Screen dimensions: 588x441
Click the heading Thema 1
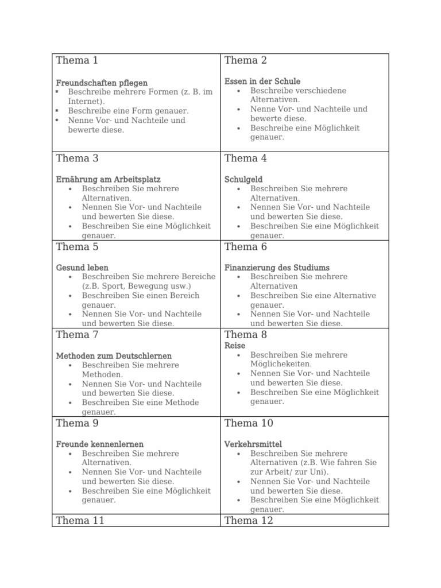[77, 60]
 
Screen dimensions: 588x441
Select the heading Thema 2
[246, 60]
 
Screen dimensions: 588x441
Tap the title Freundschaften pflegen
[102, 83]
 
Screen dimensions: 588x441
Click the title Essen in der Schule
[262, 82]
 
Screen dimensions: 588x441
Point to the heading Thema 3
[77, 158]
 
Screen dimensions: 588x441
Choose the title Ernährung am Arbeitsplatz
[109, 179]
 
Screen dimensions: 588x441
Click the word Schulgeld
[243, 179]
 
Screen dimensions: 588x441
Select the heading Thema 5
[77, 247]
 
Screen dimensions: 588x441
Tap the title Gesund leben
[82, 268]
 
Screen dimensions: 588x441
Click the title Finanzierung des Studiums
[277, 268]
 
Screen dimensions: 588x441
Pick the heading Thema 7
[77, 335]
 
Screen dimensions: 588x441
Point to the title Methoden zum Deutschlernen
[114, 356]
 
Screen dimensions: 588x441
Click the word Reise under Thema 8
[235, 346]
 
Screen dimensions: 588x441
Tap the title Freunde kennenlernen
[100, 444]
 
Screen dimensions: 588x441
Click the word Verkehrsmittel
[253, 444]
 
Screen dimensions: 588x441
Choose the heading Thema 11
[79, 521]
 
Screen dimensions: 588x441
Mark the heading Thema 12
[249, 521]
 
